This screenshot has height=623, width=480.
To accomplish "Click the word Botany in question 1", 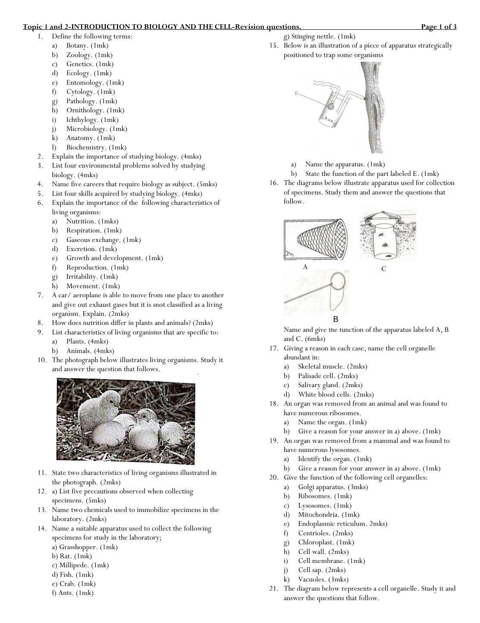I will click(x=78, y=45).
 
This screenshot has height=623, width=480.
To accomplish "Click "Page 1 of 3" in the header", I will click(x=439, y=27).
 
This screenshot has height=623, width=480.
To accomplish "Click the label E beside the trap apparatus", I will click(x=297, y=93).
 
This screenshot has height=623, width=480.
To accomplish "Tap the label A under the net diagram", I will click(x=305, y=267).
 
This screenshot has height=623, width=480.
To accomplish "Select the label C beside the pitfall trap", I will click(x=383, y=269).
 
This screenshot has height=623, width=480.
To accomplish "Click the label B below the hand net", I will click(x=336, y=319).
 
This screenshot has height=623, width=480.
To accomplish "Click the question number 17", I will click(x=274, y=348).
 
